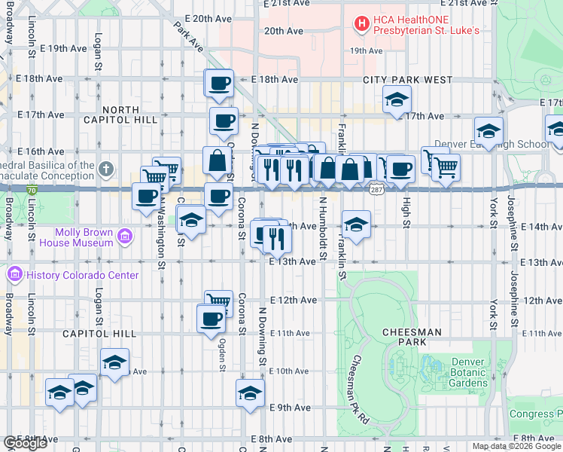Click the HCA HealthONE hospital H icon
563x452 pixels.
[x=363, y=23]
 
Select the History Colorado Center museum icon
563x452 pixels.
[x=15, y=274]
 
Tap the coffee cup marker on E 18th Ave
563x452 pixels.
[x=220, y=84]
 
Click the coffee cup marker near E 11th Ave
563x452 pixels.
[x=211, y=318]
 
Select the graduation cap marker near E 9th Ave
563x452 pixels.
[x=250, y=392]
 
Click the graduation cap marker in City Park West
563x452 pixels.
[x=396, y=99]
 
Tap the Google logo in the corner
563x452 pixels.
[x=25, y=443]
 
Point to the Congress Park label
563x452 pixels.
[x=536, y=414]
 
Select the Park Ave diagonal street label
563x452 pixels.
[x=188, y=37]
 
